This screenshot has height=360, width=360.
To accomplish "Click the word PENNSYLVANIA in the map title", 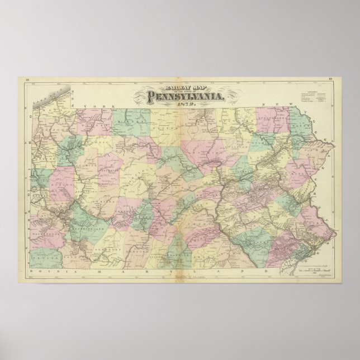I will click(186, 96).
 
